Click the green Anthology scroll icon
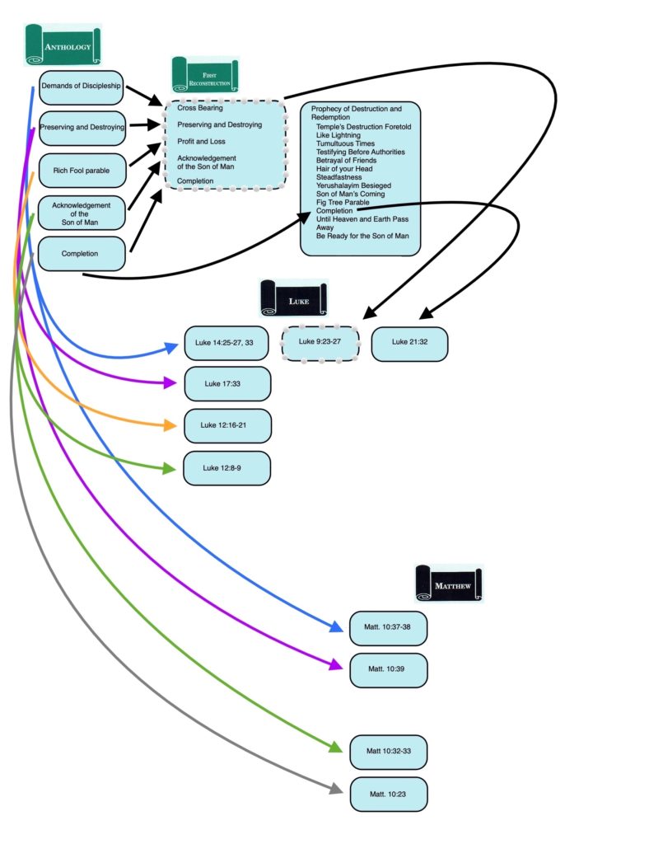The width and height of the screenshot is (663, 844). [x=63, y=45]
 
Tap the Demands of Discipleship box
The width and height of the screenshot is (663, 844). [x=82, y=86]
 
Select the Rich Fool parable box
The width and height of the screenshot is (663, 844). [x=82, y=170]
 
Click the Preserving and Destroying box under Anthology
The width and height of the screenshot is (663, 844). [x=82, y=128]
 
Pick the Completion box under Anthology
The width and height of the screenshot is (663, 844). [x=82, y=254]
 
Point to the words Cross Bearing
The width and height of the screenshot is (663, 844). [x=199, y=108]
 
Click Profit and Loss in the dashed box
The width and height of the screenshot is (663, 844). [x=201, y=141]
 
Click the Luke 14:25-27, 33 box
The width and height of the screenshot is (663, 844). [x=226, y=343]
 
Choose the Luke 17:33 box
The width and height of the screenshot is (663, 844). [x=226, y=383]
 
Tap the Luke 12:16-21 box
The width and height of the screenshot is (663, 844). [x=226, y=425]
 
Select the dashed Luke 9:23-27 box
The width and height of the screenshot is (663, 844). [x=320, y=342]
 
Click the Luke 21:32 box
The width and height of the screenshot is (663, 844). [x=409, y=343]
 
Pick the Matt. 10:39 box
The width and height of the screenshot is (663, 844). [x=388, y=669]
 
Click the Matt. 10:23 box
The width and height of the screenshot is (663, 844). [x=388, y=794]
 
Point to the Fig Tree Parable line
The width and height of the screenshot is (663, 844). [x=343, y=202]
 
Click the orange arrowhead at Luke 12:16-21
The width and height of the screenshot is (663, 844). [x=171, y=425]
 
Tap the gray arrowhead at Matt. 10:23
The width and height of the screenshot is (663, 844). [x=336, y=789]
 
